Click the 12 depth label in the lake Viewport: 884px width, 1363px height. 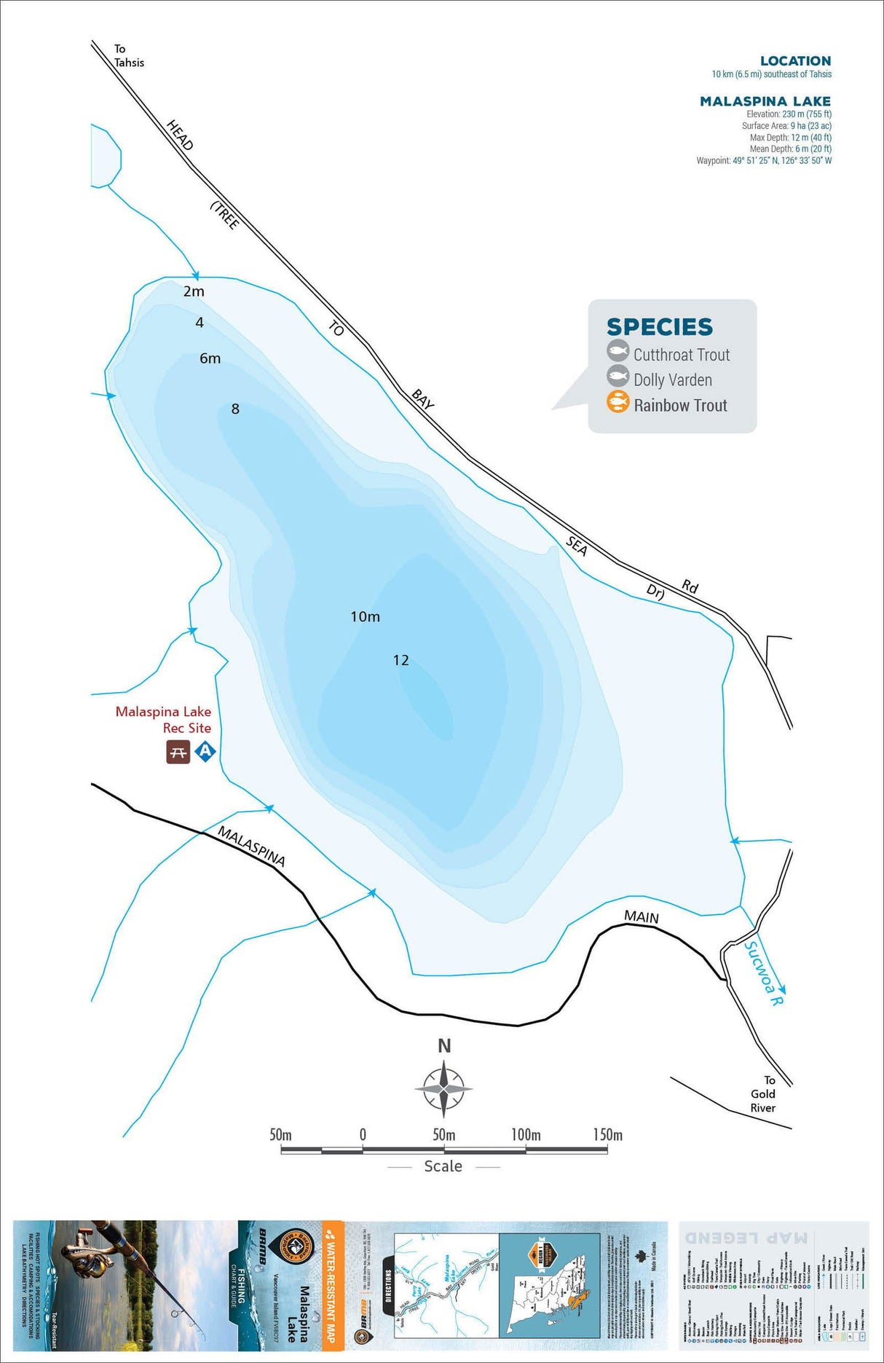click(x=400, y=660)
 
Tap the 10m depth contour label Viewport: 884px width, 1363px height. click(x=365, y=616)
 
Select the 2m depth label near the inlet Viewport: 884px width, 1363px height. click(x=194, y=291)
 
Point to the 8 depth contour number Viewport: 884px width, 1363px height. click(x=235, y=409)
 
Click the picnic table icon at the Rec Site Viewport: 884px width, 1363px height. click(x=178, y=752)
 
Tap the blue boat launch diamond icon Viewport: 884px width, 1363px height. click(x=205, y=751)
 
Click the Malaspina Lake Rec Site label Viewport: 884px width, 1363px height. click(x=164, y=720)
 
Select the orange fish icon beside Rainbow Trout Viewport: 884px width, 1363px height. click(x=617, y=402)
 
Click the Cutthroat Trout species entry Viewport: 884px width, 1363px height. click(x=681, y=355)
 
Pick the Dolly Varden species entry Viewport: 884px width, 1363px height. click(x=672, y=380)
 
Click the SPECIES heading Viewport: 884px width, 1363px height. click(x=659, y=327)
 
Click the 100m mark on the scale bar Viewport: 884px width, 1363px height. click(x=526, y=1135)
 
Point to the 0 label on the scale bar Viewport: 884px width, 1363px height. click(x=363, y=1135)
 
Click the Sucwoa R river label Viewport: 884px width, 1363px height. click(x=763, y=973)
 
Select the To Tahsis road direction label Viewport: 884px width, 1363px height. click(x=128, y=56)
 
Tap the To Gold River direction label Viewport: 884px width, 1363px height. click(x=764, y=1093)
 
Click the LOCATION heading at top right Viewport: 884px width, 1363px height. click(x=795, y=61)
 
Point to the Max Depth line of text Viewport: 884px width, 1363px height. click(x=790, y=138)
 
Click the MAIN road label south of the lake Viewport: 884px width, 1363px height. click(x=641, y=917)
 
